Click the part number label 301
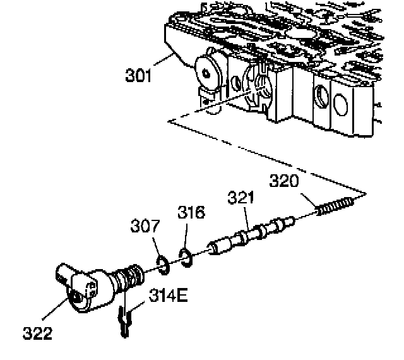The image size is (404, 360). pyautogui.click(x=138, y=77)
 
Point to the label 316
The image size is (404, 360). pyautogui.click(x=191, y=212)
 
